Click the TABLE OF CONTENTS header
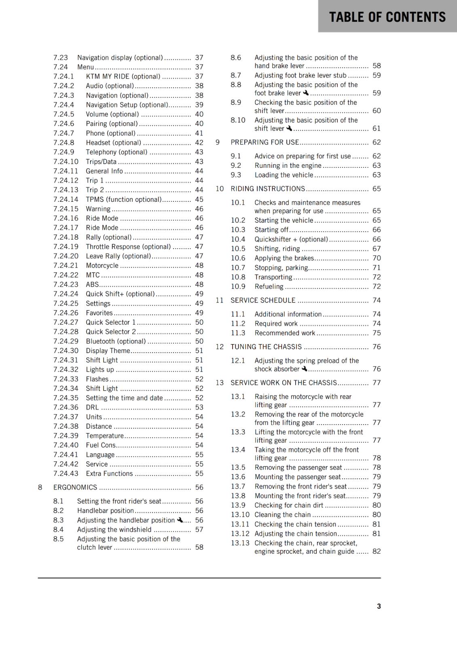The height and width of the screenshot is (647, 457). coord(387,17)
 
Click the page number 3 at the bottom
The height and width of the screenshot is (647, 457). coord(379,606)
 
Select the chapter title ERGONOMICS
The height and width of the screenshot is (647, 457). coord(75,487)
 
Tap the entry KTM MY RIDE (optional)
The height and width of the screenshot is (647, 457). coord(123,76)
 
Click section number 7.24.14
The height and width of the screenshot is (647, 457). coord(66,199)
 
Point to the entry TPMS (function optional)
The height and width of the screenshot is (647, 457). coord(123,199)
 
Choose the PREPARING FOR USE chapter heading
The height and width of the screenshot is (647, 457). coord(264,142)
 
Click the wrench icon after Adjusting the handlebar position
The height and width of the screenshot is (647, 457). coord(180,520)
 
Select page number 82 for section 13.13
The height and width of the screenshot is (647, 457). coord(377,551)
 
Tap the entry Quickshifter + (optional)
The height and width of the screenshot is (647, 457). coord(291,239)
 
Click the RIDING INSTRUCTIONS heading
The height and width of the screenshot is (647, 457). coord(268,189)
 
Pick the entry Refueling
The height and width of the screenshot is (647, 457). coord(269,287)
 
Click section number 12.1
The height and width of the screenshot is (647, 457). coord(238,361)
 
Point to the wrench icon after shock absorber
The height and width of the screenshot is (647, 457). coord(305,369)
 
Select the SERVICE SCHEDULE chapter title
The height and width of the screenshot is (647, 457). coord(263,300)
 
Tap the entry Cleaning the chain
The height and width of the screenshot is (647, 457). coord(282,515)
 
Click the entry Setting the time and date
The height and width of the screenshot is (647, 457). coord(124,398)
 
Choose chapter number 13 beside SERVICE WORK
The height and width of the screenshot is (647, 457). coord(220,383)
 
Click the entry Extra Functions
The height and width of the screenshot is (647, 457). coord(109,474)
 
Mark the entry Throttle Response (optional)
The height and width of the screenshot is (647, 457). coord(128,247)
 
